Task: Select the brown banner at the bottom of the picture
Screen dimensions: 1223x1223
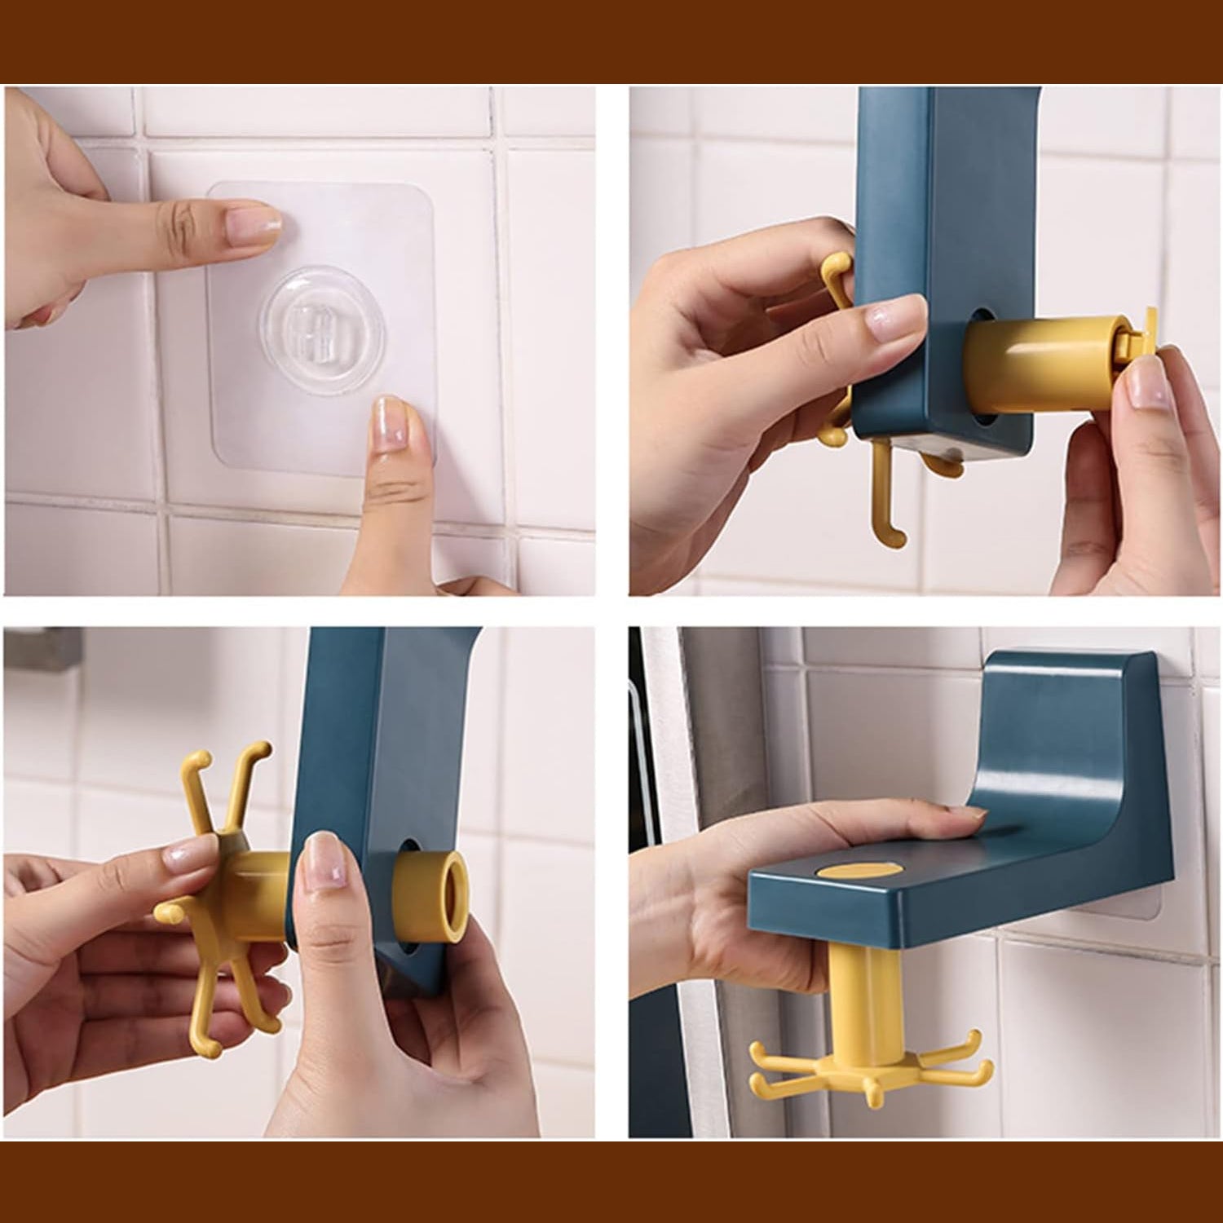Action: [611, 1182]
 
